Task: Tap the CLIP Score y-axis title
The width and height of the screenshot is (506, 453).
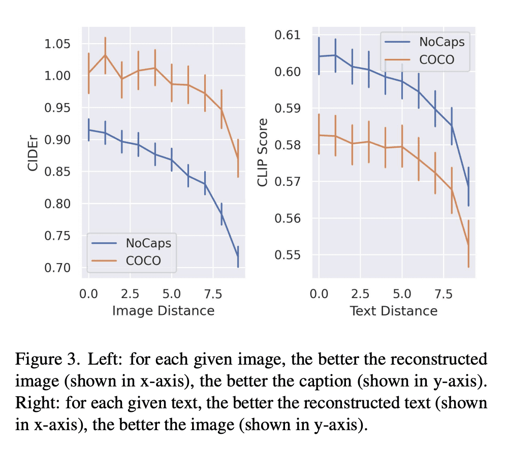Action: click(263, 145)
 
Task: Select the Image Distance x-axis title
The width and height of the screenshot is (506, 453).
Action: click(163, 310)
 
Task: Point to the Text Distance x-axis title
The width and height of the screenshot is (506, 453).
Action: click(394, 310)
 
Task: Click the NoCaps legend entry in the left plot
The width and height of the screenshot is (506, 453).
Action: click(147, 243)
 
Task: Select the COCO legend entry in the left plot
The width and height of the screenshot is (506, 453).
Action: click(143, 261)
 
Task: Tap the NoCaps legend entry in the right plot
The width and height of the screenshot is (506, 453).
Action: click(441, 42)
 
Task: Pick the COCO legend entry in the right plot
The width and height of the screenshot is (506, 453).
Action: click(437, 59)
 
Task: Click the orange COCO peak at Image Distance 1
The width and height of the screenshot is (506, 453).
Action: click(105, 55)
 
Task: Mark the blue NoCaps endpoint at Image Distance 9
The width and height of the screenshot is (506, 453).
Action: click(237, 256)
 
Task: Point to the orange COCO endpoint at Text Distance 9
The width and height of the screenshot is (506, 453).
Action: click(468, 245)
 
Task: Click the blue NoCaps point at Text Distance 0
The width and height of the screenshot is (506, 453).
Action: click(319, 56)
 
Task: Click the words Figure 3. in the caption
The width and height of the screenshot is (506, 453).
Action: click(46, 360)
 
